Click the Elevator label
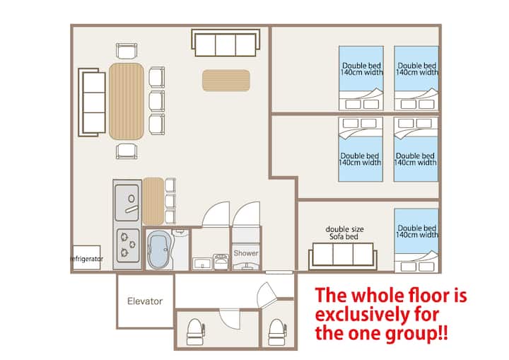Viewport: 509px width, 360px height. click(x=145, y=301)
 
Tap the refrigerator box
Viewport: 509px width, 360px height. click(x=87, y=257)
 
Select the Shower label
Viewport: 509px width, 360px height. click(x=246, y=253)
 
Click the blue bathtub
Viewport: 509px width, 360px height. click(x=158, y=250)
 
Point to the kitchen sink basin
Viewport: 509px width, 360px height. click(x=127, y=203)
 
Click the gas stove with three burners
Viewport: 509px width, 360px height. click(x=128, y=246)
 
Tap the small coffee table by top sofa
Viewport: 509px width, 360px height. click(x=226, y=80)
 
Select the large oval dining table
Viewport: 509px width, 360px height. click(x=127, y=101)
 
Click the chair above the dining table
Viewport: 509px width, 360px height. click(x=127, y=51)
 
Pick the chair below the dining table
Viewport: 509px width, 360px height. click(x=127, y=151)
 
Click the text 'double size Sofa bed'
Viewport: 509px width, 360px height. click(x=344, y=233)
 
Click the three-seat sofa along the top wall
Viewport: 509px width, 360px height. click(x=226, y=43)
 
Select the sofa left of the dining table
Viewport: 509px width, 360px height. click(x=92, y=103)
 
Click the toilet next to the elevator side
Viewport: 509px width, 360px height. click(x=195, y=332)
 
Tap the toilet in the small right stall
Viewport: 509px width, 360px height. click(x=278, y=332)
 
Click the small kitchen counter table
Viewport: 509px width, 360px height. click(x=153, y=202)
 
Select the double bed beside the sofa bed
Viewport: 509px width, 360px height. click(x=416, y=240)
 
